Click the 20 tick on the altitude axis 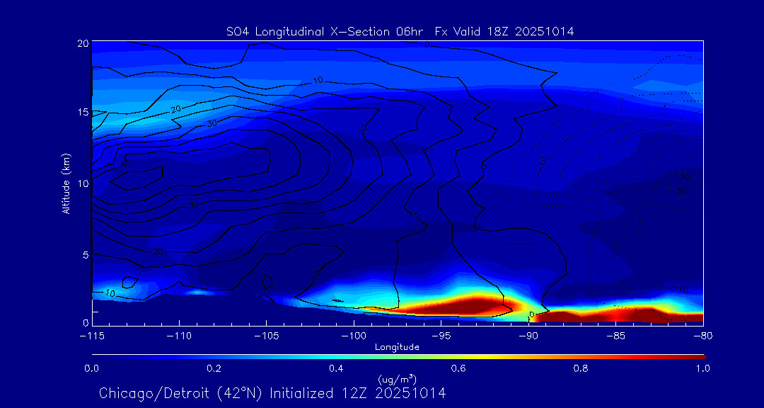pos(82,43)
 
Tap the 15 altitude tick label pos(82,113)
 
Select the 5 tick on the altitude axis pos(85,253)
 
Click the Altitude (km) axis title pos(66,183)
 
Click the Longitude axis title pos(397,347)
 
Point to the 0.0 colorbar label pos(92,368)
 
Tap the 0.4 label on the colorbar pos(337,368)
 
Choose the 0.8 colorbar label pos(581,368)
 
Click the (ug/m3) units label pos(397,379)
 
